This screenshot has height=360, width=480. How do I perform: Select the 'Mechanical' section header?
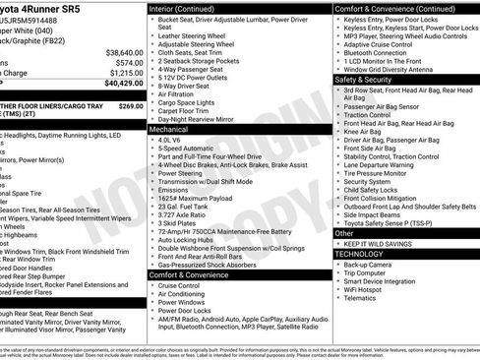(x=168, y=129)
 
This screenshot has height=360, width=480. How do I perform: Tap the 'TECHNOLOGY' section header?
(x=358, y=254)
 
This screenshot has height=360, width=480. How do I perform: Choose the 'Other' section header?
(x=343, y=233)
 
